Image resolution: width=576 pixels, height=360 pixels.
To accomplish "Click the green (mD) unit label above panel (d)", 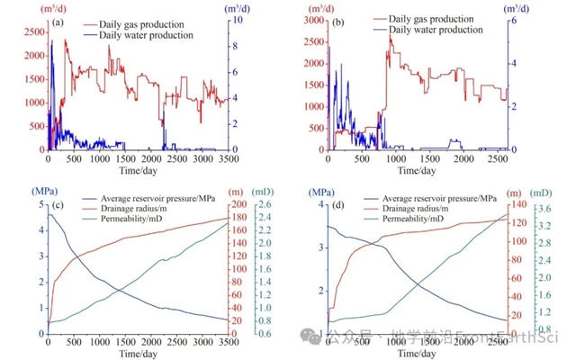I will [542, 192].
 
